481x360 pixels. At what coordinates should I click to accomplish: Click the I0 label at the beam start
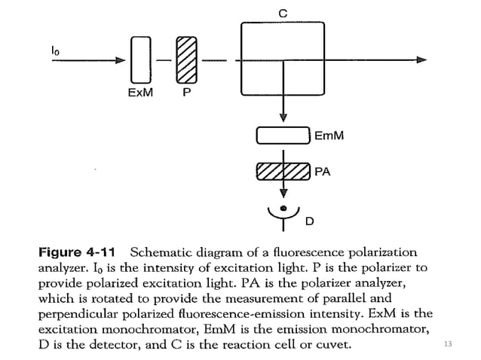click(x=56, y=49)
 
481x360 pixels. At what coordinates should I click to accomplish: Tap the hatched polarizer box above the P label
click(x=186, y=59)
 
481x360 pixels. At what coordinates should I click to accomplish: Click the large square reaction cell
click(x=282, y=60)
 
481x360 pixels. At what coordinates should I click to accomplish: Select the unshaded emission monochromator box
click(x=283, y=136)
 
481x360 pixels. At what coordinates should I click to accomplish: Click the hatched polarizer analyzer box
click(x=283, y=171)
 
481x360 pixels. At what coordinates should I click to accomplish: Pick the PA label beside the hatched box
click(x=322, y=172)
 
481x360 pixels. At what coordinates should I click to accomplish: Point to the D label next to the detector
click(x=308, y=222)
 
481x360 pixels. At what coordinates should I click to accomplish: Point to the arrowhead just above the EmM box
click(x=283, y=117)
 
